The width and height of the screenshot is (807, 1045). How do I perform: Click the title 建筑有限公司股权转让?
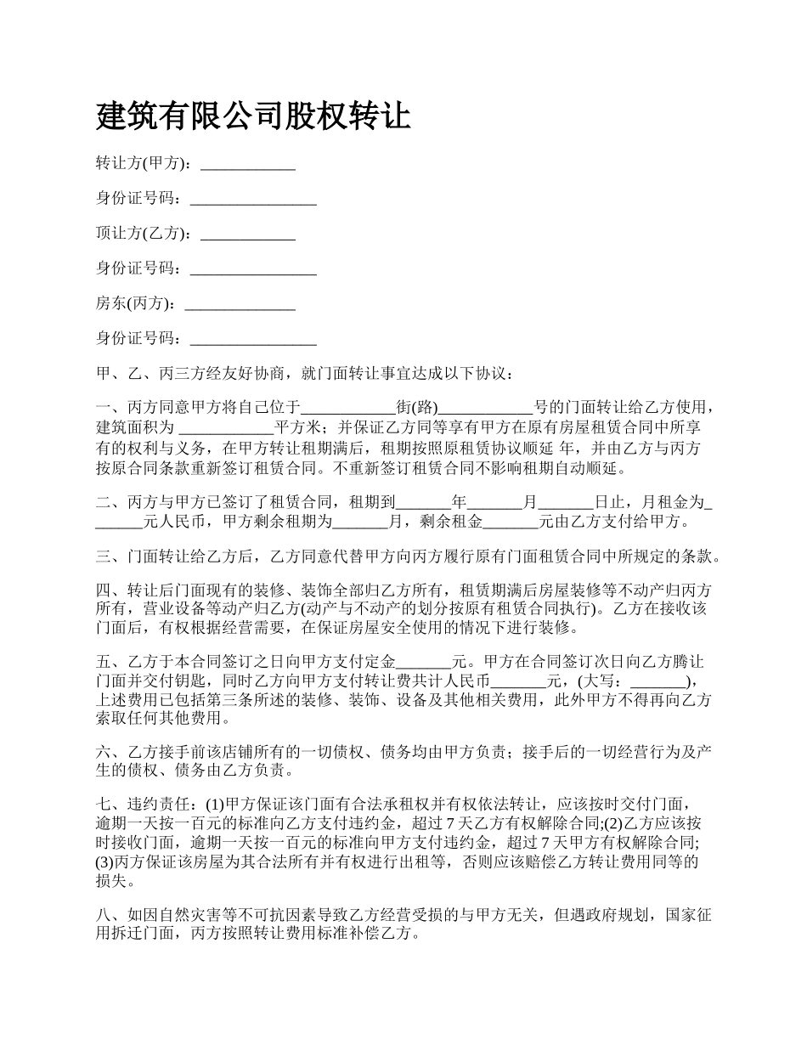[253, 116]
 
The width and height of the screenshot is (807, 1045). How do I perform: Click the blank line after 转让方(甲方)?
[247, 164]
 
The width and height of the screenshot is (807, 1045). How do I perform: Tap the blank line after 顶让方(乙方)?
[247, 234]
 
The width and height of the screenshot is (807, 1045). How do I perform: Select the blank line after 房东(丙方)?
[240, 303]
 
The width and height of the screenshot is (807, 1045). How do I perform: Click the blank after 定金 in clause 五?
[424, 662]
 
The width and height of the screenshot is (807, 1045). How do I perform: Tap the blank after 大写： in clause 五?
[657, 681]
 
